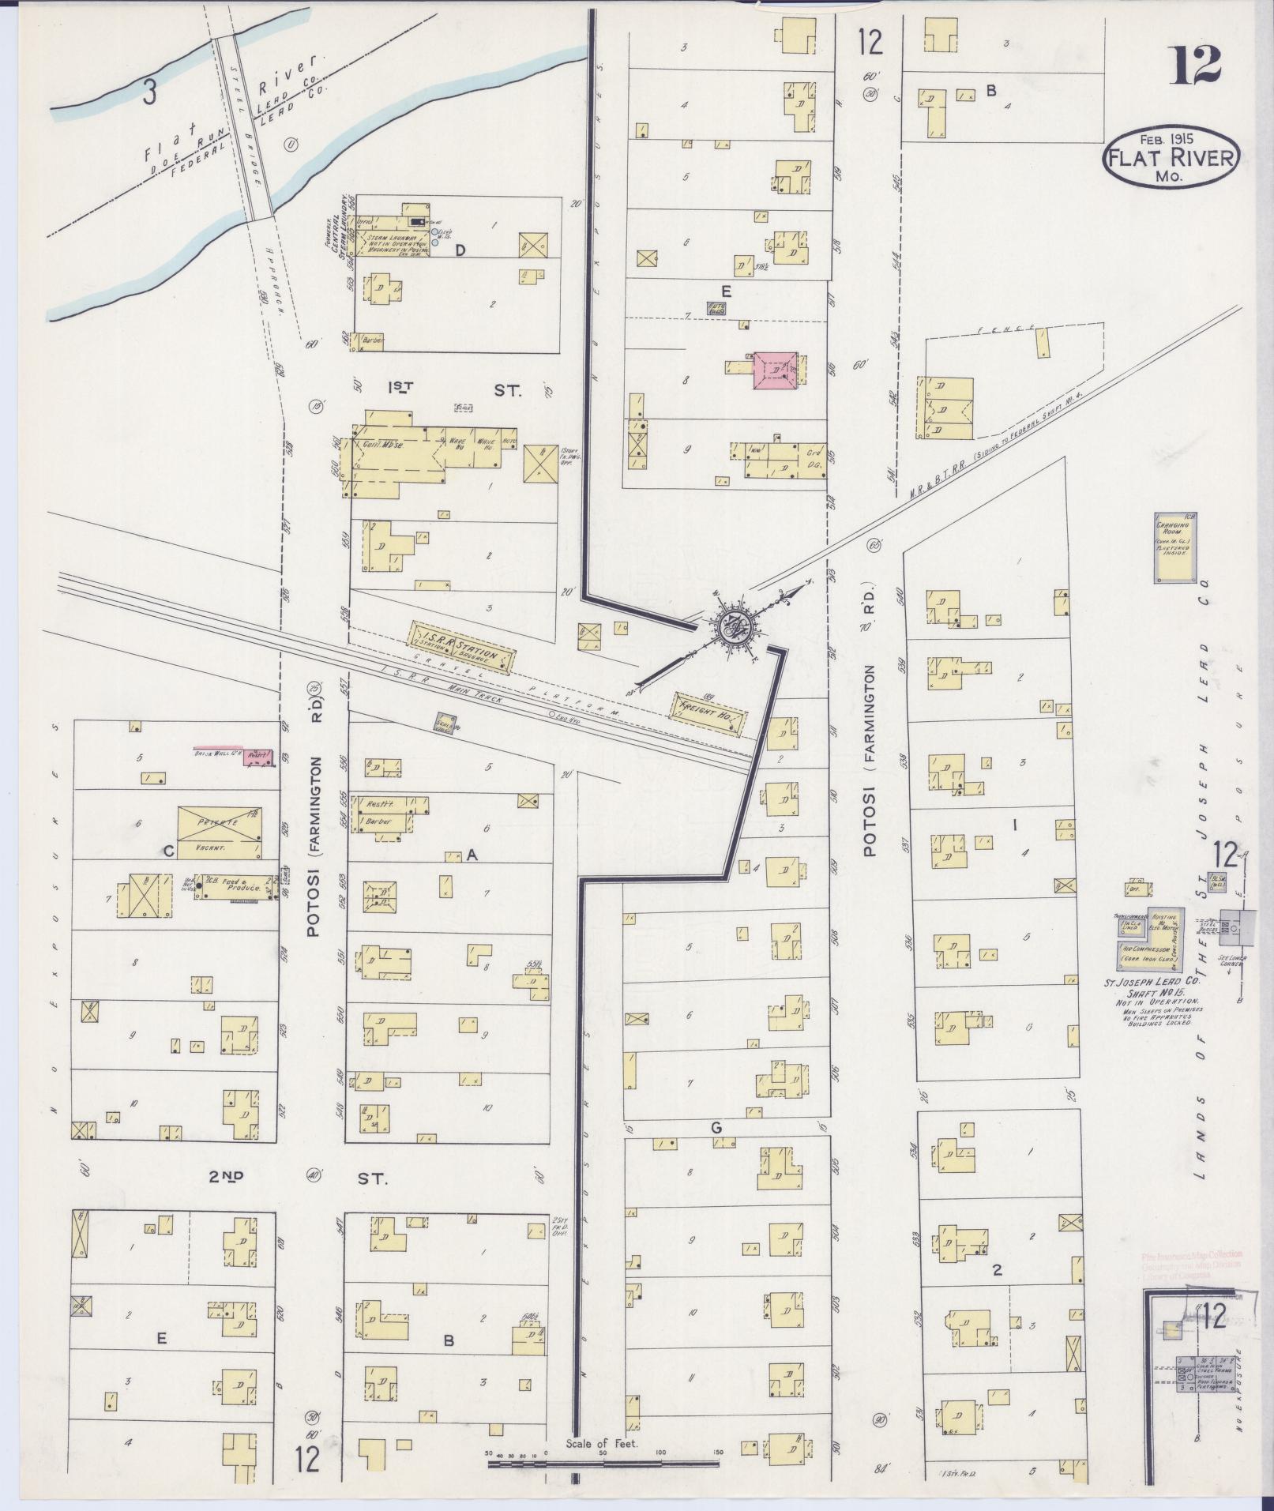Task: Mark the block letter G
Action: click(x=716, y=1127)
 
